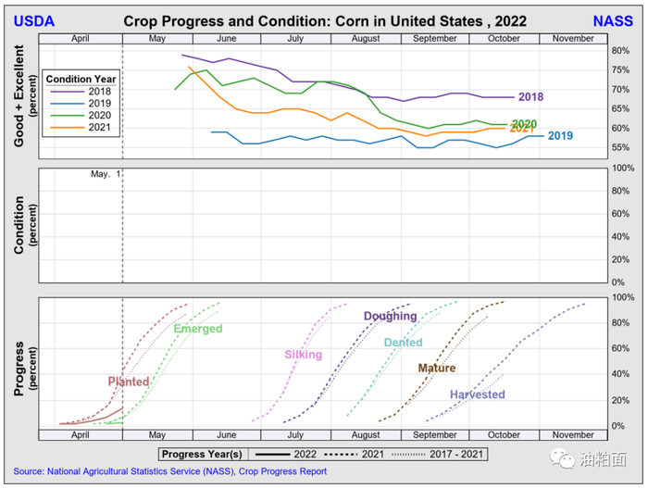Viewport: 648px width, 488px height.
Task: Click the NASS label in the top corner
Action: [x=612, y=20]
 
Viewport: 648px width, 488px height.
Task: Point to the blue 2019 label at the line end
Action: [x=560, y=136]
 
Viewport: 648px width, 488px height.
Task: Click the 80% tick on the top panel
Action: [x=621, y=50]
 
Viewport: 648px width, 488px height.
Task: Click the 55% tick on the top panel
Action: [x=621, y=148]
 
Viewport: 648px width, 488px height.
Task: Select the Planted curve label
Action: [x=128, y=382]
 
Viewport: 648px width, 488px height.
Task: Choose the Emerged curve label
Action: [x=197, y=330]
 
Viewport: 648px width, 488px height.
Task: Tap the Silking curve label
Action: [x=303, y=355]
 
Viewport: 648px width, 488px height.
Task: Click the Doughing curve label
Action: [x=390, y=317]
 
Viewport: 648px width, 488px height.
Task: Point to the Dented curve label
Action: [x=403, y=344]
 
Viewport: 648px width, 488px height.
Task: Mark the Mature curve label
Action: [x=436, y=369]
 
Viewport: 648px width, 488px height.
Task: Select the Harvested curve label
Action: [x=477, y=395]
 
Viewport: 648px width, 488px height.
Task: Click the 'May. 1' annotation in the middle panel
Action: [x=106, y=174]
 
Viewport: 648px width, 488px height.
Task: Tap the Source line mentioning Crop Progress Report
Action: [x=169, y=471]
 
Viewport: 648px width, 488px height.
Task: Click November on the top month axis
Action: [x=573, y=38]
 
